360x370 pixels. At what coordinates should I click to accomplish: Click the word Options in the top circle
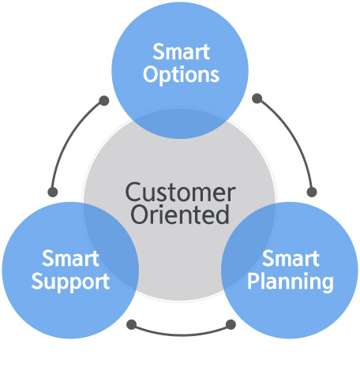tap(181, 75)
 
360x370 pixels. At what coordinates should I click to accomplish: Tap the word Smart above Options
tap(181, 51)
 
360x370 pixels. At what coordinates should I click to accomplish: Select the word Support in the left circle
tap(70, 282)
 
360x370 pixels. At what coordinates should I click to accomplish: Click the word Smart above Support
tap(70, 258)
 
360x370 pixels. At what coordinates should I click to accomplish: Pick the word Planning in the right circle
tap(291, 282)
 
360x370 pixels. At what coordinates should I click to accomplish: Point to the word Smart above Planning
tap(291, 258)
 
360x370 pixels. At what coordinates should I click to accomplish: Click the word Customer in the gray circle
tap(180, 192)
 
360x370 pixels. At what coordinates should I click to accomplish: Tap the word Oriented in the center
tap(180, 214)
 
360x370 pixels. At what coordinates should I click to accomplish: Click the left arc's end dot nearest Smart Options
tap(104, 100)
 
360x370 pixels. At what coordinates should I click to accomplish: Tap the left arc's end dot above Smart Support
tap(53, 192)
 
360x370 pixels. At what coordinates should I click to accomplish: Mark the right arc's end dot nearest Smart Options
tap(257, 99)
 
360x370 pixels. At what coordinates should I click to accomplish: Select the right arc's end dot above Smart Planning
tap(312, 192)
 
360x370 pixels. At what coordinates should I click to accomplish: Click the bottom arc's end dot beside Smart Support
tap(132, 324)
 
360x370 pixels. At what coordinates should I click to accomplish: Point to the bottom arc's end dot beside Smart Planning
tap(231, 324)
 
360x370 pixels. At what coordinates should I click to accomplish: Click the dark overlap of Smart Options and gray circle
tap(180, 123)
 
